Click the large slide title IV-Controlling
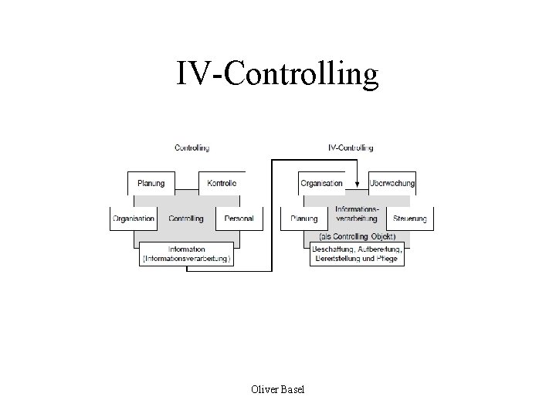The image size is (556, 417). (x=277, y=74)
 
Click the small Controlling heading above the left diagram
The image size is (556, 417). (x=192, y=147)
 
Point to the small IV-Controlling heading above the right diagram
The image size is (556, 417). (x=351, y=147)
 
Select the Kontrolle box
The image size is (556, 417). (x=222, y=184)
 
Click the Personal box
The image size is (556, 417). (x=239, y=219)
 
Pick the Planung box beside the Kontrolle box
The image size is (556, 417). (x=151, y=184)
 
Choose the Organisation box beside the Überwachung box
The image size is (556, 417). (x=321, y=184)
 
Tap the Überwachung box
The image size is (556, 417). (x=392, y=184)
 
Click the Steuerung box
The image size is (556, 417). (x=409, y=219)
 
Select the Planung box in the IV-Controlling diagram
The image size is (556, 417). (x=304, y=219)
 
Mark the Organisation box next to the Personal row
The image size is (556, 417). (x=134, y=219)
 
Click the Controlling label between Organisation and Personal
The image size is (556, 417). (x=186, y=219)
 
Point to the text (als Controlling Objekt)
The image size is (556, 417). (x=357, y=236)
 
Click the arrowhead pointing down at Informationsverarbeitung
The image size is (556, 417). (x=357, y=183)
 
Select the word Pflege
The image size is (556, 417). (x=388, y=259)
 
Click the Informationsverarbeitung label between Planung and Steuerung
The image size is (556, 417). (x=357, y=214)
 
